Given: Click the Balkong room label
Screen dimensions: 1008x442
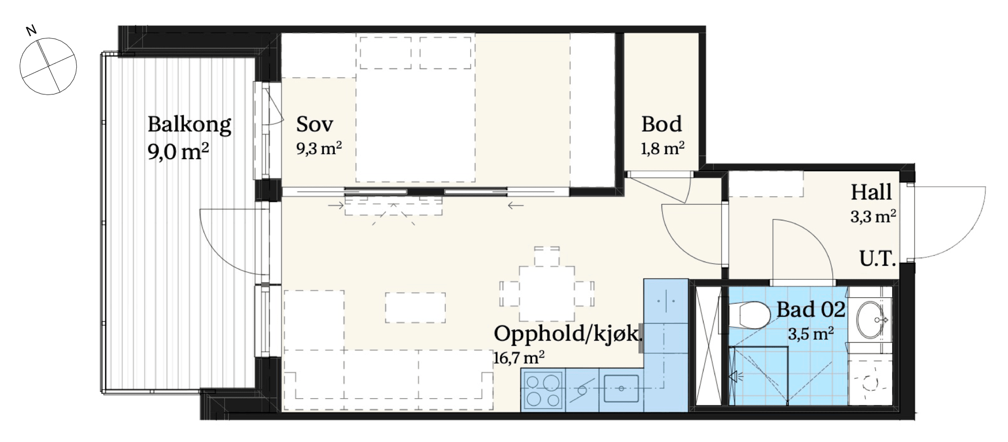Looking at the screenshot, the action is [189, 125].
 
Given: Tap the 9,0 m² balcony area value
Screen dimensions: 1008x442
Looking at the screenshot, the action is [178, 152].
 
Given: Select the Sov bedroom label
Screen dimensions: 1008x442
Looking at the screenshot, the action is [315, 124].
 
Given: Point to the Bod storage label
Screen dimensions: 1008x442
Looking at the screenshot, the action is [661, 124].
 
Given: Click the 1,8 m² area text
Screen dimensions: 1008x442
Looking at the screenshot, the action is [662, 148].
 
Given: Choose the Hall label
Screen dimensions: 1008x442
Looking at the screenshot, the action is [871, 192].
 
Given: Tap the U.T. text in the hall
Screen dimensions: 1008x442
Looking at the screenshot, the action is [878, 258].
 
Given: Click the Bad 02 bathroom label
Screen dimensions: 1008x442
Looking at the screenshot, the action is [811, 310].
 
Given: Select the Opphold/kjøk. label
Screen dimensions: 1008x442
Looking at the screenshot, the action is [568, 334].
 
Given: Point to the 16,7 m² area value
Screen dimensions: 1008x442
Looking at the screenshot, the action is [519, 357].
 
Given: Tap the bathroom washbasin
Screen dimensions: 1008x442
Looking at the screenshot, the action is [872, 320].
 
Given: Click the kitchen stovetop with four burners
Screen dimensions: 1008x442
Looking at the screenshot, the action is [543, 391].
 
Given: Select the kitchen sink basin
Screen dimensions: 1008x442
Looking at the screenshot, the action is [621, 389].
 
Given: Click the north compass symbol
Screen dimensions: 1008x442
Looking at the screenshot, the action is [48, 66].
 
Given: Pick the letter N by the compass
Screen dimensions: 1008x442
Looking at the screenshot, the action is [31, 31].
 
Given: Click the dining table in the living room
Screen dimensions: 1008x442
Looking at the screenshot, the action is [547, 293].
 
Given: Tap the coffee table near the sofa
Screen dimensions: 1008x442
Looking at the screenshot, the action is [415, 308].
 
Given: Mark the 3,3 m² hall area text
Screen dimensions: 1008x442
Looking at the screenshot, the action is [873, 216].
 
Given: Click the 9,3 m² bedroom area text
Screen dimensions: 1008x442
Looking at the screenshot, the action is [319, 148].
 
